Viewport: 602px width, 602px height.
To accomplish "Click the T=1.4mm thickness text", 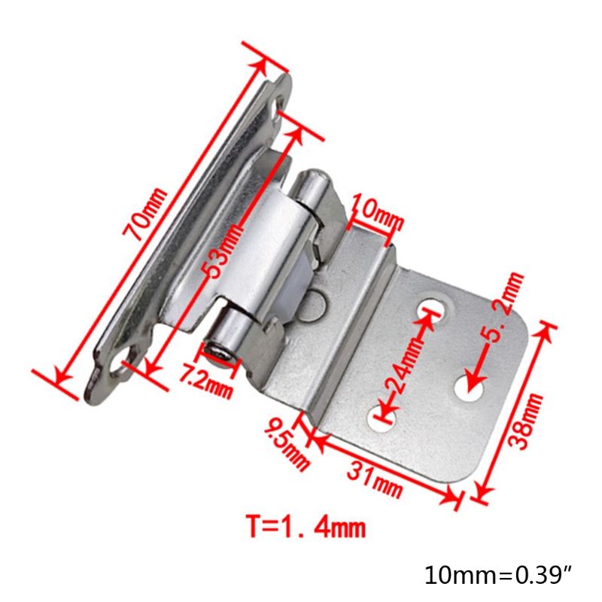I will click(x=306, y=525).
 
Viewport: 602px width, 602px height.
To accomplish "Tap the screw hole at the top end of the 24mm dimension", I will click(x=431, y=308).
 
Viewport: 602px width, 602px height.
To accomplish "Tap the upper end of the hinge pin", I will click(x=311, y=183).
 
